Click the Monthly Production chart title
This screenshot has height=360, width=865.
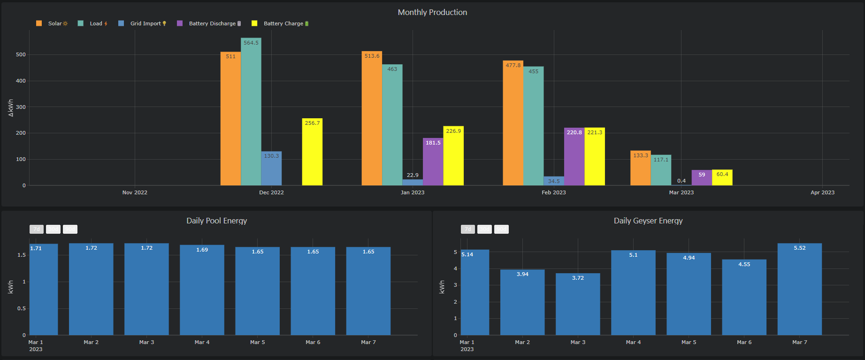(432, 12)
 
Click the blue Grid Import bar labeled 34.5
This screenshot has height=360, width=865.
(554, 181)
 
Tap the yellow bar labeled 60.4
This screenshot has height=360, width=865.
(722, 178)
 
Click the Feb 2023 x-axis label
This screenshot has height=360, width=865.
(554, 192)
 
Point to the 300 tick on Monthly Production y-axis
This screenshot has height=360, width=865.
(21, 107)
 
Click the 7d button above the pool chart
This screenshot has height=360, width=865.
(37, 229)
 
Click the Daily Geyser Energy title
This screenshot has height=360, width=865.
(648, 221)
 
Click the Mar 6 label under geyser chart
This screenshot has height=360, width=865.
(744, 342)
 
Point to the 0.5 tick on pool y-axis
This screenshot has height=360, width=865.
(21, 308)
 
